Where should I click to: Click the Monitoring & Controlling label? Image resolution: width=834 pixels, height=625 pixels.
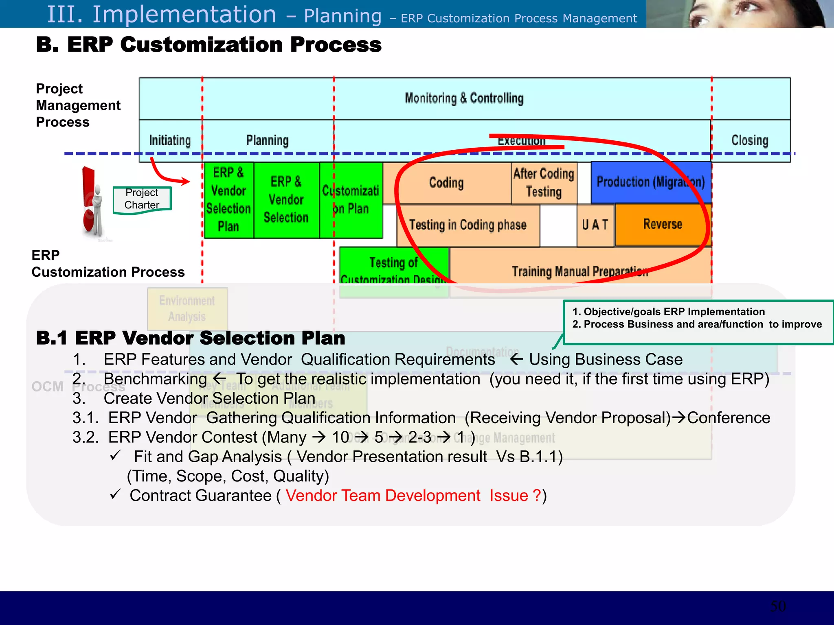click(464, 98)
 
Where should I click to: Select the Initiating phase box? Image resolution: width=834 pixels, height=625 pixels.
click(170, 140)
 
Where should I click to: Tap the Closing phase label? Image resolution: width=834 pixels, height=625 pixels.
click(750, 140)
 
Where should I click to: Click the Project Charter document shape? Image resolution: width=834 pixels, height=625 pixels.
click(142, 199)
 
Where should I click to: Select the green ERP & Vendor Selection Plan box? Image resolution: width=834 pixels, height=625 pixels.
click(228, 199)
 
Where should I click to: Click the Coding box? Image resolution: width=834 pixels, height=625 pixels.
click(446, 183)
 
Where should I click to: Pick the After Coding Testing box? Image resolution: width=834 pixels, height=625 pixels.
click(544, 183)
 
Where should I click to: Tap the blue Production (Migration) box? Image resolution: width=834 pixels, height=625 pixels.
click(650, 182)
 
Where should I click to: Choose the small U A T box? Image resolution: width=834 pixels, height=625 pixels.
click(595, 225)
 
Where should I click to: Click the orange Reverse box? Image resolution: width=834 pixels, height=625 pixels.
click(663, 224)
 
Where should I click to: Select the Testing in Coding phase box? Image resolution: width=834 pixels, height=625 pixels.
click(467, 225)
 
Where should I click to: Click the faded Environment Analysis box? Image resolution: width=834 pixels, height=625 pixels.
click(187, 309)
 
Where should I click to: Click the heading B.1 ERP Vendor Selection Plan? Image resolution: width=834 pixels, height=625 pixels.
click(191, 338)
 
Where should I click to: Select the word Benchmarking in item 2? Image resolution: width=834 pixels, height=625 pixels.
click(155, 379)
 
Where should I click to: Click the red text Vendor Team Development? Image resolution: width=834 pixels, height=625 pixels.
click(383, 496)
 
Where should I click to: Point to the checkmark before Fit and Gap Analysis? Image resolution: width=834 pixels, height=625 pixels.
click(115, 455)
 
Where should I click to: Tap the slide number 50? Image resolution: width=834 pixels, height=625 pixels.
click(778, 606)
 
